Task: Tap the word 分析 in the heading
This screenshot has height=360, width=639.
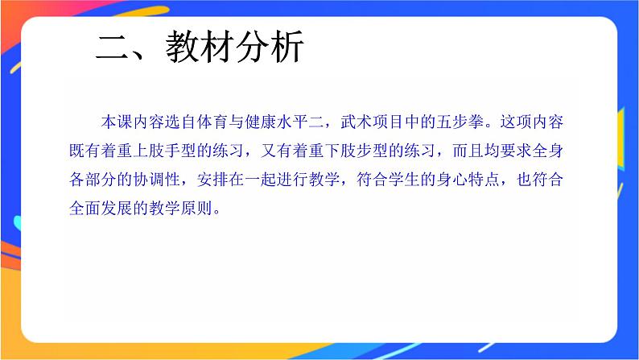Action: [x=270, y=48]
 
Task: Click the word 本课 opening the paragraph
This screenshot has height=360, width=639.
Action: [x=117, y=122]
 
